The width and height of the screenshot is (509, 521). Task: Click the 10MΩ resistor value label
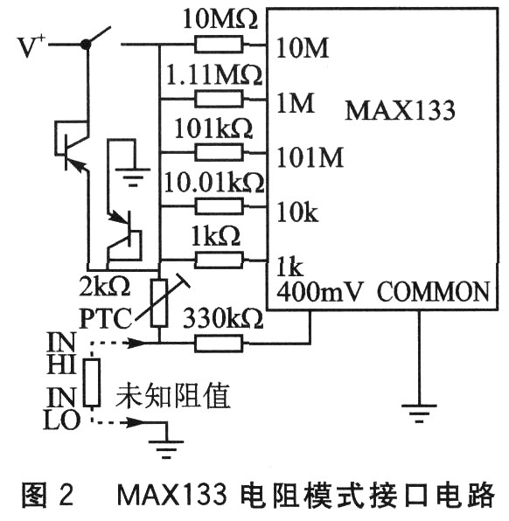220,19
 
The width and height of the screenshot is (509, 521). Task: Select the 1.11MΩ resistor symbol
219,99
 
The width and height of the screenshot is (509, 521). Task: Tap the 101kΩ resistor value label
213,129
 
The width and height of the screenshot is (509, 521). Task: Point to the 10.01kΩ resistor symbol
219,206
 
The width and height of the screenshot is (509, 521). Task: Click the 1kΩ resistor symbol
219,260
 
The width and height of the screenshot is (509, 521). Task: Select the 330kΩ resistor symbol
219,344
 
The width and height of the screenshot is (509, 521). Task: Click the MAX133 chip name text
400,110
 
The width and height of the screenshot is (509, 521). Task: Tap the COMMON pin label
433,292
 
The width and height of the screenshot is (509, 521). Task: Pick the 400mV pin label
319,292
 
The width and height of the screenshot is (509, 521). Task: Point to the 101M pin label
310,156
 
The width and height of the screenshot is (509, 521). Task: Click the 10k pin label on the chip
297,212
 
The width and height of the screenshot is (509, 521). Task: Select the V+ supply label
31,45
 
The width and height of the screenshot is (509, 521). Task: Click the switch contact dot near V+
86,44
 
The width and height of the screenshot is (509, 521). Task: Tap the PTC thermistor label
106,319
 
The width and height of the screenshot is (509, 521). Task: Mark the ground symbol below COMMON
419,413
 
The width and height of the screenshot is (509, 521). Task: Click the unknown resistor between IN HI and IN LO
92,382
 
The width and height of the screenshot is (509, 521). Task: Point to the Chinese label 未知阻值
172,395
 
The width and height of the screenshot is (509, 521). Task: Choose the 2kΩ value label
104,287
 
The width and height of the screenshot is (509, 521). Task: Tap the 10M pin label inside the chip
303,48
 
